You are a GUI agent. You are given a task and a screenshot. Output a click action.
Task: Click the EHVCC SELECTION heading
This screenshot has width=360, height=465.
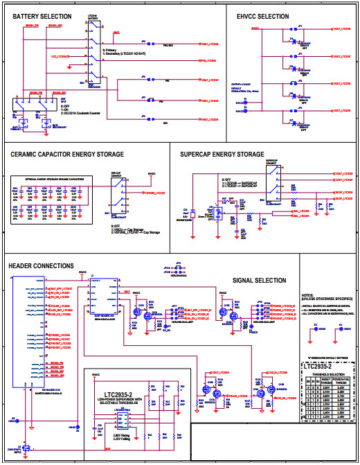262,16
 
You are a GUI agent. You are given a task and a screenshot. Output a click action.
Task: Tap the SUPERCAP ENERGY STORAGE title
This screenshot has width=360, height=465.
222,155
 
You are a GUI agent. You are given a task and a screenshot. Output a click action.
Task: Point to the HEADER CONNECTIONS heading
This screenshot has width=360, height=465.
41,266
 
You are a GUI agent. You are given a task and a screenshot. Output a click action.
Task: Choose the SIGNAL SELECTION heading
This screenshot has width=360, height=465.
260,281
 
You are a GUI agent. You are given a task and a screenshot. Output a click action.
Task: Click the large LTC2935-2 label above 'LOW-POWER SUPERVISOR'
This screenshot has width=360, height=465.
119,396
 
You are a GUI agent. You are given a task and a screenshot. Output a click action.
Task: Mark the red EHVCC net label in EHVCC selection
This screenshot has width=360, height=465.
255,29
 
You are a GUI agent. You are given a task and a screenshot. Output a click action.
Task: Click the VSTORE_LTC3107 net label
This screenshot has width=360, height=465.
154,193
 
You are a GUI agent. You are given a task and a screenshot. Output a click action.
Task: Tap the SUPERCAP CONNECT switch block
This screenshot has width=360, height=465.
271,184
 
